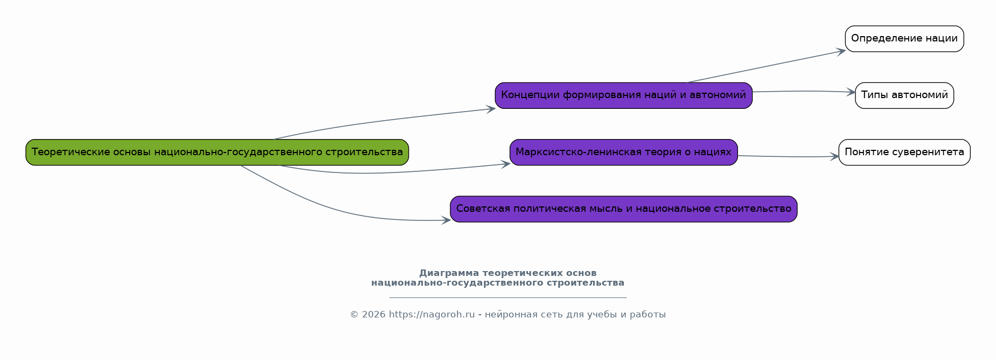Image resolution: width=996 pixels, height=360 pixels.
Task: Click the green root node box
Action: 217,153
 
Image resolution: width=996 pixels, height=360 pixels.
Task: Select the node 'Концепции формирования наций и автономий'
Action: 624,95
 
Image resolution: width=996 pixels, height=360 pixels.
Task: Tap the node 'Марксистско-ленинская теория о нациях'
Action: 624,153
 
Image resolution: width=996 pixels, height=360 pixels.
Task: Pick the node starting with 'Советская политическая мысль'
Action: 624,209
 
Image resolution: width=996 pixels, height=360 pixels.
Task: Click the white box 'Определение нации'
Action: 904,39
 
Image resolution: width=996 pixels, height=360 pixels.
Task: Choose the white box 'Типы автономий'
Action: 904,95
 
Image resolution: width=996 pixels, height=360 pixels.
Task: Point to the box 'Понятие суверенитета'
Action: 904,153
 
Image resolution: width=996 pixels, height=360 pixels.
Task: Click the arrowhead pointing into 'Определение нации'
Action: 841,52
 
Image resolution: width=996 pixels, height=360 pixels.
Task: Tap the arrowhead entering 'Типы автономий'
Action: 851,92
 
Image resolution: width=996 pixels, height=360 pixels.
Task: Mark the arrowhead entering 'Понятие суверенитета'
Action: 834,157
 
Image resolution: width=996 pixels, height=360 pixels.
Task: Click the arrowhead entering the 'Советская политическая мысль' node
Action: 446,220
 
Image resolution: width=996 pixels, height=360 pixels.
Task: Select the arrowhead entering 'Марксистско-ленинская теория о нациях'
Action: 506,164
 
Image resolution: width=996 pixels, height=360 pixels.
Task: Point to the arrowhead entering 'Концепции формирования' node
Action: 491,109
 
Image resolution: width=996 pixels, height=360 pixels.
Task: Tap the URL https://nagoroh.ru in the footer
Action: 432,315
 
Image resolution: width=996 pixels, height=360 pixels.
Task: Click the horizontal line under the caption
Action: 508,297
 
